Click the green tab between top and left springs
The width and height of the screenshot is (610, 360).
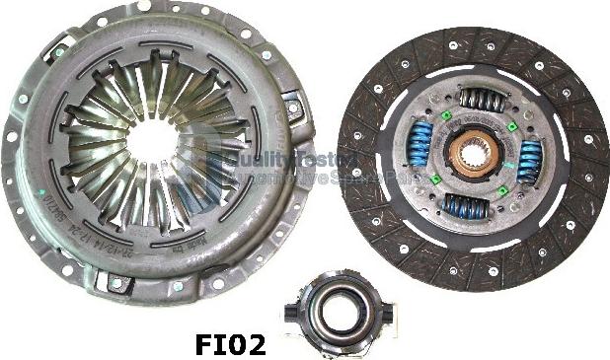[446, 115]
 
